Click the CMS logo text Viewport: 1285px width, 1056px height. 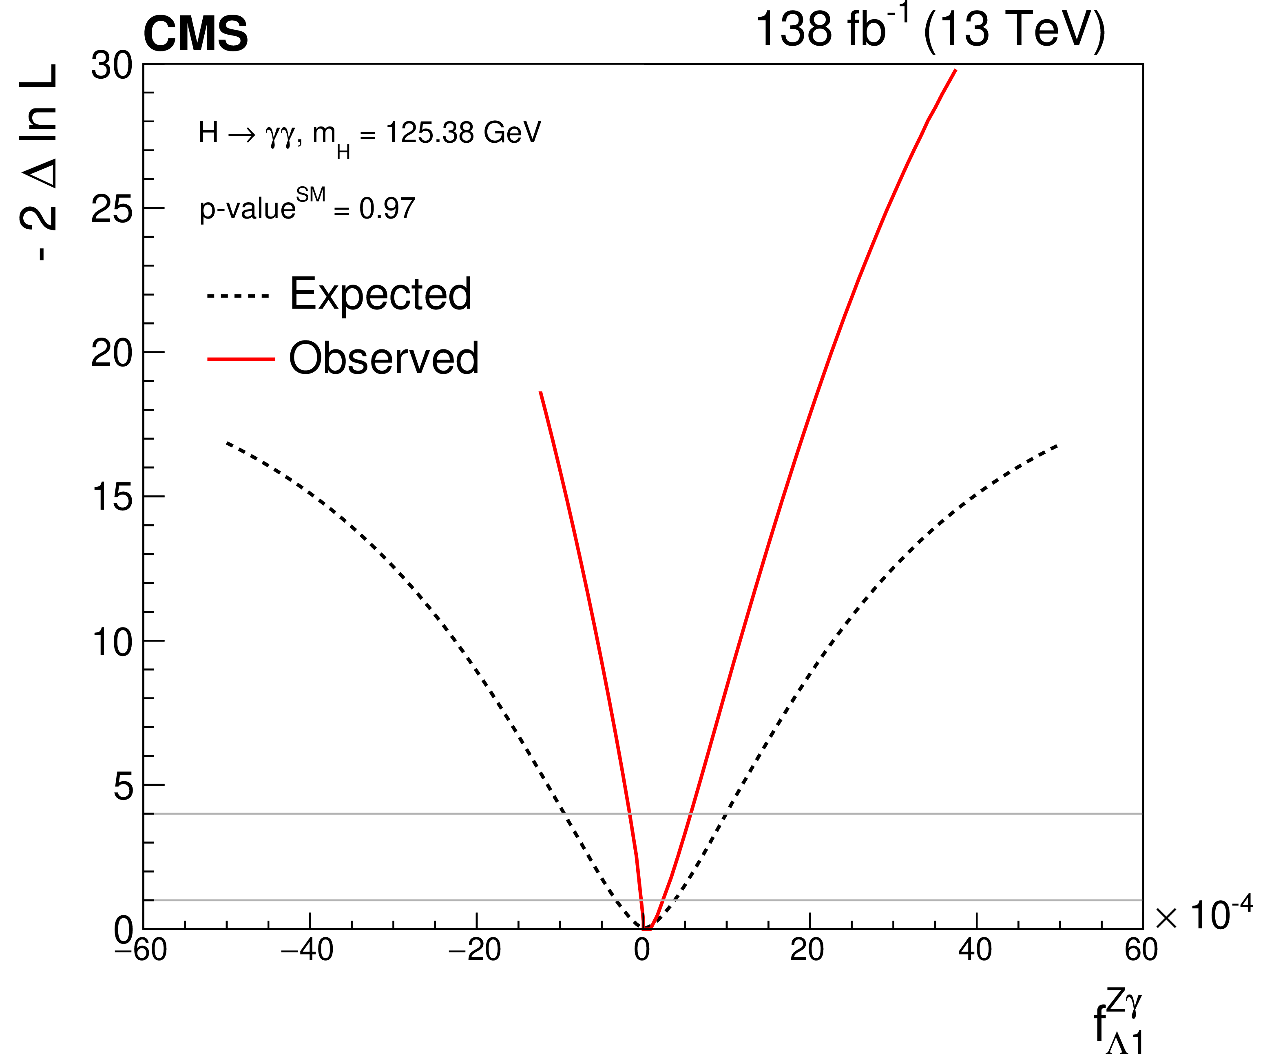pyautogui.click(x=195, y=33)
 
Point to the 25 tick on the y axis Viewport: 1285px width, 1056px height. pyautogui.click(x=111, y=209)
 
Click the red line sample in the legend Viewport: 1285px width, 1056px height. pyautogui.click(x=241, y=359)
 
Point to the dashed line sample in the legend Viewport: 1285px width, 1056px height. pyautogui.click(x=238, y=296)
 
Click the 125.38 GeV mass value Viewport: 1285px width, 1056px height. pyautogui.click(x=463, y=133)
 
